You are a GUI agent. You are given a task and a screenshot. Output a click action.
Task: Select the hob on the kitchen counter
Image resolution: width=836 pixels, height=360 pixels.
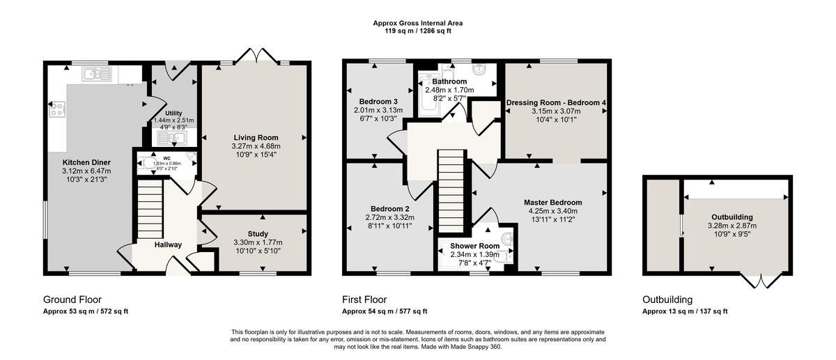point(56,109)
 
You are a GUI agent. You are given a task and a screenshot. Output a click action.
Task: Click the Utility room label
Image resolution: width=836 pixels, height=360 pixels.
point(173,113)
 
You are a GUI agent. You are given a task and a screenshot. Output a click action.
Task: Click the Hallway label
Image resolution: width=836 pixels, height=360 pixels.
point(169,244)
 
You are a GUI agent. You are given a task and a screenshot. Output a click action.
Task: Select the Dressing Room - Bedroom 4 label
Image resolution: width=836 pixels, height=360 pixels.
point(556,102)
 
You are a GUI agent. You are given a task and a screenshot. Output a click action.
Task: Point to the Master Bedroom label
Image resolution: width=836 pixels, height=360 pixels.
point(553,203)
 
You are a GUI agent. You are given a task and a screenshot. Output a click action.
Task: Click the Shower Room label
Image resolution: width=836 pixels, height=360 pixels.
point(474,246)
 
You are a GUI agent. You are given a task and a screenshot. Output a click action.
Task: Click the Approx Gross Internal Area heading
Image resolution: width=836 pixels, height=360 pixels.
point(418,23)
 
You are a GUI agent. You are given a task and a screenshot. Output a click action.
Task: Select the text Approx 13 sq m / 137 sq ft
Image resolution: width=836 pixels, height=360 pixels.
point(686,311)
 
